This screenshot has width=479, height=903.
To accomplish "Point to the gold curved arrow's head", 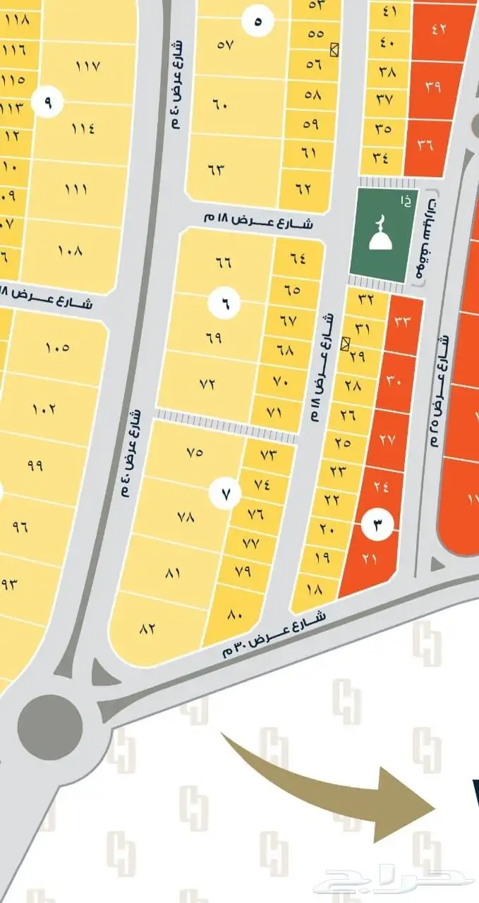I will click(x=409, y=804).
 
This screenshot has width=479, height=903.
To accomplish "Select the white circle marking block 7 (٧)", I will click(x=226, y=495).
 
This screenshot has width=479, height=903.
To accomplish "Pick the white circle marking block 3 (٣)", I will click(x=377, y=524).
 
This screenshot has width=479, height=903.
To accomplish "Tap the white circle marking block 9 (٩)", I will click(x=48, y=103).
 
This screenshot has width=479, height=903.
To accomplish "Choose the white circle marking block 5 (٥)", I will click(x=257, y=21).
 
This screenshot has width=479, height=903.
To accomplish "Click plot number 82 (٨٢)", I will click(x=147, y=629).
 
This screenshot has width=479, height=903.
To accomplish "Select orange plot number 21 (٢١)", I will click(x=370, y=559).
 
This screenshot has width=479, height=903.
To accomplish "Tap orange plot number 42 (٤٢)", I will click(x=439, y=30).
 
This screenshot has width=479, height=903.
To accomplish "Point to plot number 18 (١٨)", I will click(x=314, y=588).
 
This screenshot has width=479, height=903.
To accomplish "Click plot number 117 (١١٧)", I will click(x=87, y=66).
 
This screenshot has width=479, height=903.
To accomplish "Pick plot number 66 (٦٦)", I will click(x=223, y=262).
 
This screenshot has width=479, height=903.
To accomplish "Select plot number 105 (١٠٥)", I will click(x=58, y=347).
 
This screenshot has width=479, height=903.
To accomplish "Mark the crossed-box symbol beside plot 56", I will click(x=334, y=49).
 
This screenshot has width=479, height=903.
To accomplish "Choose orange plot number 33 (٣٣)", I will click(x=403, y=322).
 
